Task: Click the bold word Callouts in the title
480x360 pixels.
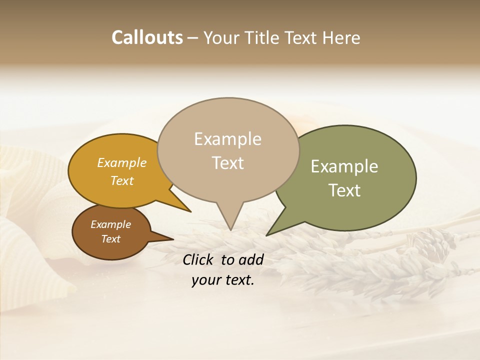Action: (147, 38)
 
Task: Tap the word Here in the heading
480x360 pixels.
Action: (341, 38)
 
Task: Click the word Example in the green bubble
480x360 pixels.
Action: (344, 166)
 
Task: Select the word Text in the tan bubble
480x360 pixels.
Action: (228, 163)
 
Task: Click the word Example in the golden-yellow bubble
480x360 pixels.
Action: (122, 162)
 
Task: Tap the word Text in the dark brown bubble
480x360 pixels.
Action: (111, 239)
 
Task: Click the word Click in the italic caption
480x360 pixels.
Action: (199, 259)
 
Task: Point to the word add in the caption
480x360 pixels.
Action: (251, 259)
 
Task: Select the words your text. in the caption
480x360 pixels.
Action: (223, 280)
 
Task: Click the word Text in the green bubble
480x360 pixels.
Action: (344, 190)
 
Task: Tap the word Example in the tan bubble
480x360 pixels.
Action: (228, 139)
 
